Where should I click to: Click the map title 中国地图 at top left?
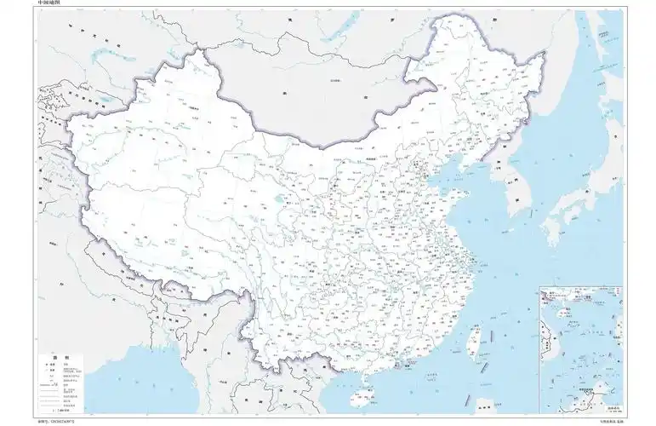(49, 4)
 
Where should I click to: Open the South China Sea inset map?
(579, 349)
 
